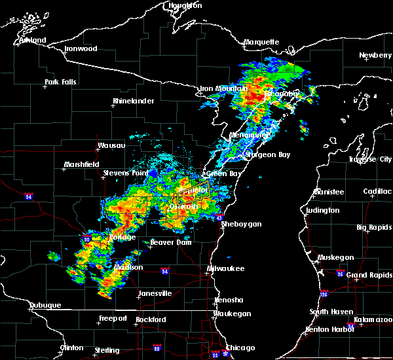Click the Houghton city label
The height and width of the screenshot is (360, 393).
click(x=185, y=5)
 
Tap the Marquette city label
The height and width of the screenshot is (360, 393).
click(x=261, y=43)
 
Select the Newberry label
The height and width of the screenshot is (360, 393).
click(x=376, y=56)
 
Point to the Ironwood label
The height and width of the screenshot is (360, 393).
click(x=81, y=49)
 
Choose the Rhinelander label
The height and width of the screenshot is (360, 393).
click(x=133, y=101)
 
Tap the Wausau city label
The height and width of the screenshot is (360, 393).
click(x=111, y=145)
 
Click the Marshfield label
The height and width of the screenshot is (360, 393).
click(x=81, y=165)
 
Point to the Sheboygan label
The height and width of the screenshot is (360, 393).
click(x=241, y=224)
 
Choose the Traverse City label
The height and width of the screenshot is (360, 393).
click(x=371, y=159)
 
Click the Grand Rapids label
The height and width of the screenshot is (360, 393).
click(x=369, y=275)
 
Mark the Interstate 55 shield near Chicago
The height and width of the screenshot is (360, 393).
click(x=216, y=355)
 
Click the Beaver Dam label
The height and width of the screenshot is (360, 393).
click(x=170, y=242)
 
